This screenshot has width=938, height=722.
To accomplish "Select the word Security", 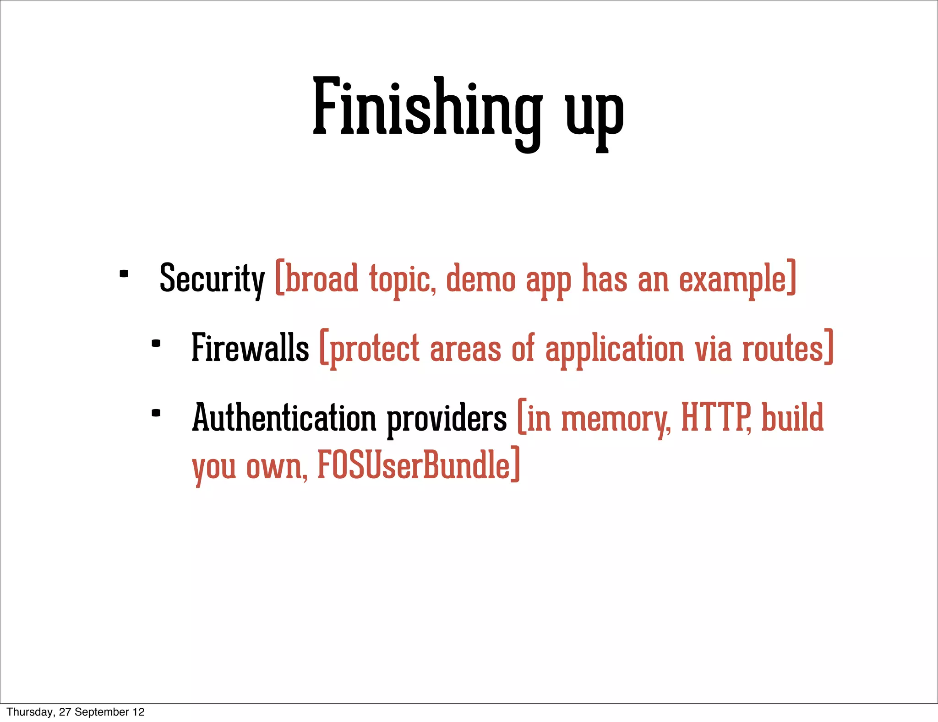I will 212,279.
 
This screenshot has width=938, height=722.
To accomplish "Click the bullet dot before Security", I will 124,274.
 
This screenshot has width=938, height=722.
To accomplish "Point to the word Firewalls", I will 250,348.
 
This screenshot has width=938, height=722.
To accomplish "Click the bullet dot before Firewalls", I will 156,343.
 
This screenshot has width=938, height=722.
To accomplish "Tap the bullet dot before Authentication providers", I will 156,413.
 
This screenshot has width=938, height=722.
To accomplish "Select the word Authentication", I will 284,418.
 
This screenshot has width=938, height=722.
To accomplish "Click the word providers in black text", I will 447,419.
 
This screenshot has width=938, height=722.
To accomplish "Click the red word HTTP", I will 715,418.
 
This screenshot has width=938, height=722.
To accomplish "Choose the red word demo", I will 480,279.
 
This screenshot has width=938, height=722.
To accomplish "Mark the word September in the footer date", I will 102,712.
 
